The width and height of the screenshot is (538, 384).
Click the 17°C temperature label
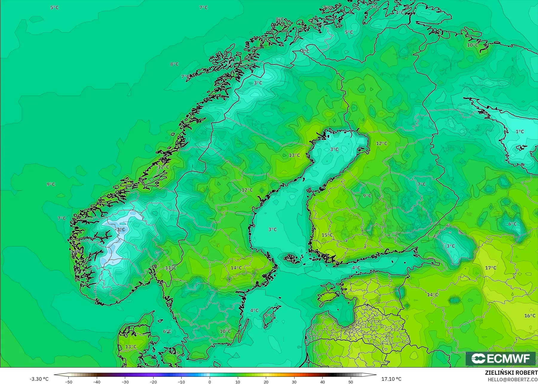pyautogui.click(x=491, y=268)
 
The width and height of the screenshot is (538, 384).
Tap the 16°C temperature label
pyautogui.click(x=530, y=316)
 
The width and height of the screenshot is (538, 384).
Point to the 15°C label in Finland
pyautogui.click(x=327, y=235)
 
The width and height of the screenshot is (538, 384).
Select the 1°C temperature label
pyautogui.click(x=520, y=132)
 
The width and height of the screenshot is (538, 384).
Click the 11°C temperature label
pyautogui.click(x=171, y=268)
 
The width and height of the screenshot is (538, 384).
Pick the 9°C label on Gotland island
pyautogui.click(x=269, y=316)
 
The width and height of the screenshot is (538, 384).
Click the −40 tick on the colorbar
pyautogui.click(x=97, y=382)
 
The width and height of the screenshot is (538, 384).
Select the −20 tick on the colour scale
pyautogui.click(x=153, y=382)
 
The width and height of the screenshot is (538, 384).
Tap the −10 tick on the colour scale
pyautogui.click(x=181, y=382)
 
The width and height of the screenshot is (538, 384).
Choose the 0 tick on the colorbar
pyautogui.click(x=210, y=382)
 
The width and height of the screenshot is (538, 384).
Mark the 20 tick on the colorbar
pyautogui.click(x=266, y=382)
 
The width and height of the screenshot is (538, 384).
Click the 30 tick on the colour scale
pyautogui.click(x=294, y=382)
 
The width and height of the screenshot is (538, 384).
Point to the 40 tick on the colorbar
pyautogui.click(x=323, y=382)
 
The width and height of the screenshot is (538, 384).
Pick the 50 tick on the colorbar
pyautogui.click(x=351, y=382)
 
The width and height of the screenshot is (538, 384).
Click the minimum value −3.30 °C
pyautogui.click(x=39, y=379)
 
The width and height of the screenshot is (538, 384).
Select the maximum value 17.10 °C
pyautogui.click(x=391, y=379)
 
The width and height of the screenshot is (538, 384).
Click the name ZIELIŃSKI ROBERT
pyautogui.click(x=511, y=373)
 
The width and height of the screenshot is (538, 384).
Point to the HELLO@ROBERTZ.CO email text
pyautogui.click(x=513, y=380)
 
